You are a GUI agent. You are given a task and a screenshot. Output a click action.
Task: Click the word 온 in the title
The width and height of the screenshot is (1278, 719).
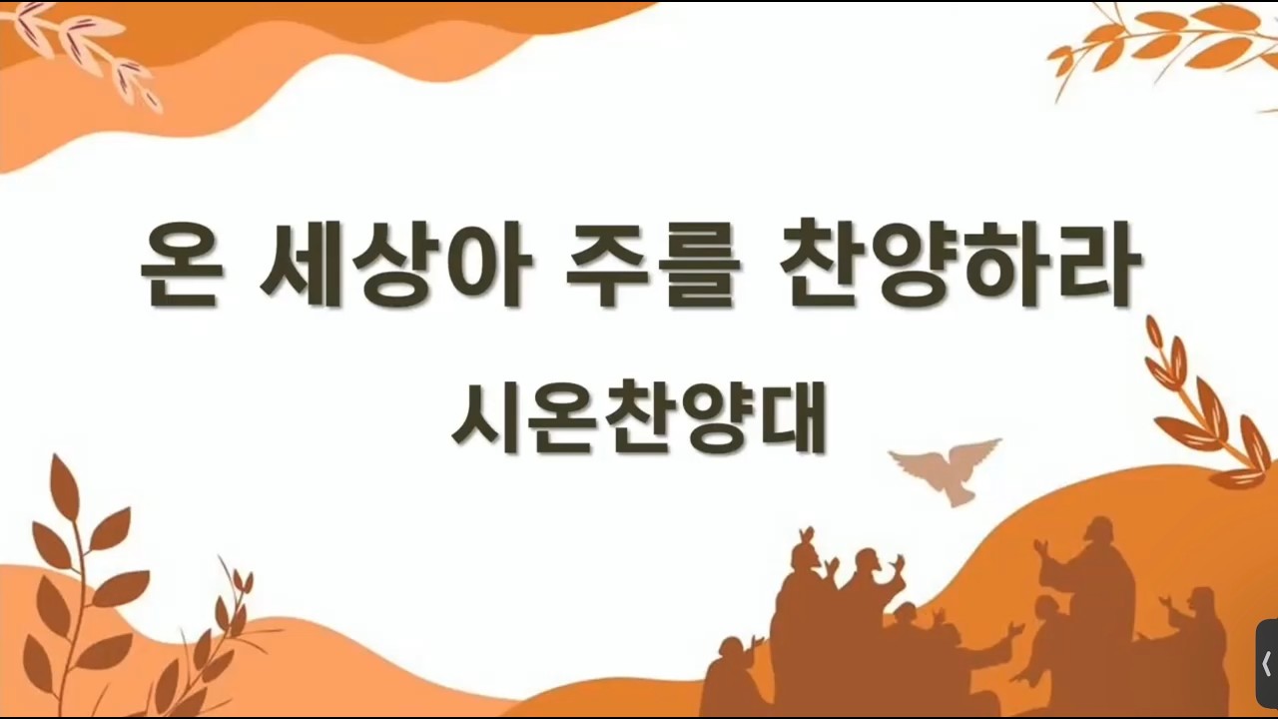[181, 265]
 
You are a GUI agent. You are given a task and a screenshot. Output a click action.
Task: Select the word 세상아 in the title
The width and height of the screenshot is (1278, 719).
[395, 264]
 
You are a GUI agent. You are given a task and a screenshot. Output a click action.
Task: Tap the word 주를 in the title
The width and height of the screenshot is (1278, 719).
[653, 265]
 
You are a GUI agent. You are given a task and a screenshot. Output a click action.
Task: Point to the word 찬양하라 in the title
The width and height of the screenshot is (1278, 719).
[960, 264]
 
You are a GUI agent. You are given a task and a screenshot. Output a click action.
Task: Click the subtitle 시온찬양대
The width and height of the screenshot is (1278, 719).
[639, 417]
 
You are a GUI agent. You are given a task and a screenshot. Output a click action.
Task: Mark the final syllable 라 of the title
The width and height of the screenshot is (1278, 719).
[1096, 264]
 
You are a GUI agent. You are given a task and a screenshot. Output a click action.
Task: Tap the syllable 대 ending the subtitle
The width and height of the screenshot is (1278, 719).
[794, 416]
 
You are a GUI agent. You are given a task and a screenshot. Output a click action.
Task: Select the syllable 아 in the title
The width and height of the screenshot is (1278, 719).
[487, 265]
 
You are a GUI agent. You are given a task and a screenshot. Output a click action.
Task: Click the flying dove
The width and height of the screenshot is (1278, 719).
[945, 469]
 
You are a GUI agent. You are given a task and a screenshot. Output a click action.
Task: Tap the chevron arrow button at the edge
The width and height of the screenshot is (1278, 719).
[1267, 664]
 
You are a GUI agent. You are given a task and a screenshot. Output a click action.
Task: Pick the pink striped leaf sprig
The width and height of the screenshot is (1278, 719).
[85, 51]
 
